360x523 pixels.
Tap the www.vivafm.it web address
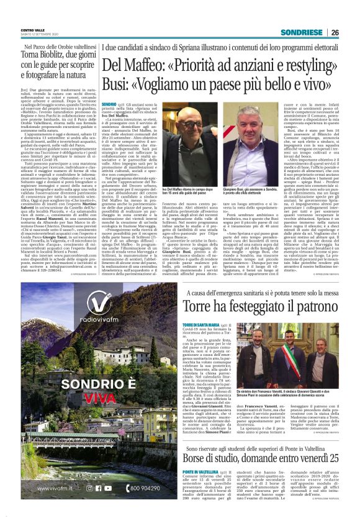tap(45, 489)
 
